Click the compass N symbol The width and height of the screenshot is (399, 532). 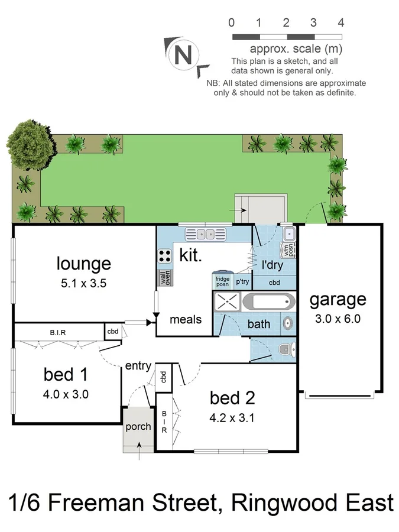point(184,55)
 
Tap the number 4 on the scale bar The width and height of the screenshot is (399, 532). point(340,23)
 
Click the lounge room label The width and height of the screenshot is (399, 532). point(83,263)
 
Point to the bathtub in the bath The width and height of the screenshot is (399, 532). point(268,303)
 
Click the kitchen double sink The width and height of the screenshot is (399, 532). point(207,234)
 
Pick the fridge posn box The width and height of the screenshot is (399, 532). point(222,281)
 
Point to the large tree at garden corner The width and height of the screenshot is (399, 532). point(28,144)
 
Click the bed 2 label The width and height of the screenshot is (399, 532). point(232,398)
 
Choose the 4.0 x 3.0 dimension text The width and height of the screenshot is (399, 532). point(66,394)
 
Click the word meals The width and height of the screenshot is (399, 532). point(186,320)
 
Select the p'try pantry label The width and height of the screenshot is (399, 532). point(242,282)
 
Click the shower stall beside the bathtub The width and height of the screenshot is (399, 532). point(226,303)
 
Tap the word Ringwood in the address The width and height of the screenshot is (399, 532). point(286,504)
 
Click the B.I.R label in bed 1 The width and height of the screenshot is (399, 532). point(57,332)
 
